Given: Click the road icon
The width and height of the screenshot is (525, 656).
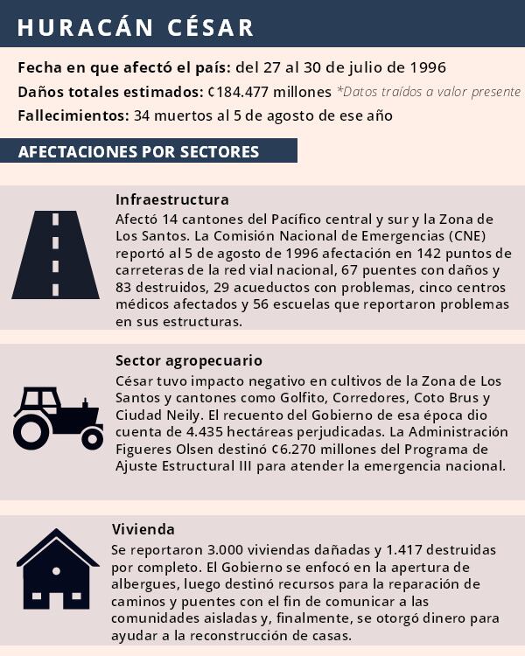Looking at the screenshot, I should pos(55,255).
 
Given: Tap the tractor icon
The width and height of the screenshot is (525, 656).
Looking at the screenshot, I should pos(58,418).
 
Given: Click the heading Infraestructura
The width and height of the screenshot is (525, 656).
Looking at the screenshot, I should pos(171,199).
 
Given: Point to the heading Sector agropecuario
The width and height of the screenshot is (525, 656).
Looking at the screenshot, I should pos(188,360).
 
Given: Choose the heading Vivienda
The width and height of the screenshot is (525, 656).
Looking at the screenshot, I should pos(143,529).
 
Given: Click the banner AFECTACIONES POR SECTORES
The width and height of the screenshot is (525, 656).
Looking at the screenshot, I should pos(138,151).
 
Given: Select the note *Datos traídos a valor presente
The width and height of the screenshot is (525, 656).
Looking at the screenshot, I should pos(429,92).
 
